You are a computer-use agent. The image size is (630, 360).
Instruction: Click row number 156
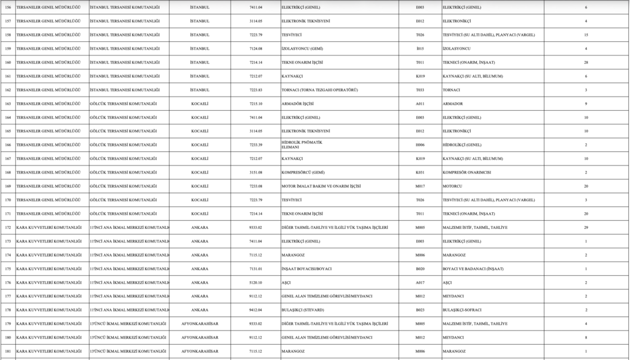pos(8,7)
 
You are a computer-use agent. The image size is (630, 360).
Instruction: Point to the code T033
pos(420,90)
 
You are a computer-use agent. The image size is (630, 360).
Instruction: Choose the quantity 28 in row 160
pos(586,62)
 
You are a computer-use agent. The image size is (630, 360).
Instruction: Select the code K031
pos(420,172)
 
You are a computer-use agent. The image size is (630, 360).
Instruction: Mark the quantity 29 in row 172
pos(586,228)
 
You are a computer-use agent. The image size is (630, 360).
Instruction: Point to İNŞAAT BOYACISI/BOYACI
pos(306,269)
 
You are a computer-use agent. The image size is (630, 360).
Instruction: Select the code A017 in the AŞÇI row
pos(420,282)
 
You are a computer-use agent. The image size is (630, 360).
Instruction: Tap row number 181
pos(8,351)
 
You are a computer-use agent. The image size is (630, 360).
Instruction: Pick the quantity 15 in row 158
pos(586,34)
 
